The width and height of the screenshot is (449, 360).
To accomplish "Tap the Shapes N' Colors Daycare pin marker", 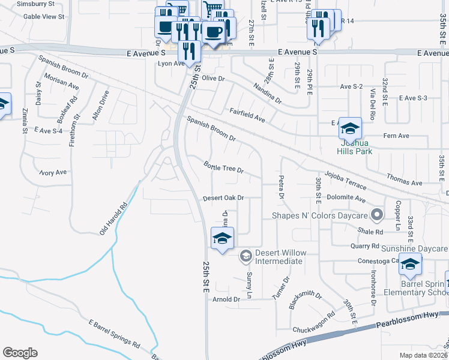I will point(376,214).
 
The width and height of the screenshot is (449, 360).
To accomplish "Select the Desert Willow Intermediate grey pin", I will point(245,256).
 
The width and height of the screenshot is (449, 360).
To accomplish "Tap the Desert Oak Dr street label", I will point(223,198).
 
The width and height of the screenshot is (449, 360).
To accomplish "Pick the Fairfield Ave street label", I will point(247,115).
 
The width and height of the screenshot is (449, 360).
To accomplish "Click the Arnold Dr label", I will point(226,299).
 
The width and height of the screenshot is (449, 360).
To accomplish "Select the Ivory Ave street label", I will point(53,173).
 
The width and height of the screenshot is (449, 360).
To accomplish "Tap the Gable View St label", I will point(43,17).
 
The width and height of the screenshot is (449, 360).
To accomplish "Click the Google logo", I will point(20,352).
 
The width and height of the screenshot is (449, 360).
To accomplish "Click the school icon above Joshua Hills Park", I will point(350,128).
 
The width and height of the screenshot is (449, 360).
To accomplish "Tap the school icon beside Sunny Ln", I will point(221,239).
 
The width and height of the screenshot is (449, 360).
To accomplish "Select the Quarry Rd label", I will point(367,246).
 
